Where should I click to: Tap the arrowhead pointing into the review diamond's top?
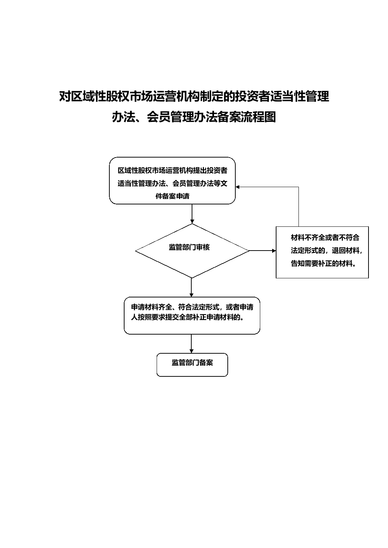[192, 222]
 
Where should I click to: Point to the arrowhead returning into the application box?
[237, 187]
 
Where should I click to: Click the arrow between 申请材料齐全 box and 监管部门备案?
[192, 344]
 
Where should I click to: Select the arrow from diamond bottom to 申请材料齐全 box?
[192, 288]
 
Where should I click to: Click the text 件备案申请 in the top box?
[173, 196]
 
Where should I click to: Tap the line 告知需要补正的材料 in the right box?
[323, 264]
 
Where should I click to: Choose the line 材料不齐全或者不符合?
[325, 237]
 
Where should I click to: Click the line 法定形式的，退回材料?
[327, 251]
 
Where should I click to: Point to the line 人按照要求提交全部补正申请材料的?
[188, 318]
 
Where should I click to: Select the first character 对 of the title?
[65, 96]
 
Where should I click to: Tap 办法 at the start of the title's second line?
[124, 117]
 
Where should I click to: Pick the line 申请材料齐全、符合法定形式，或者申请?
[192, 307]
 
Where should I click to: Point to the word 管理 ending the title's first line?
[317, 96]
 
